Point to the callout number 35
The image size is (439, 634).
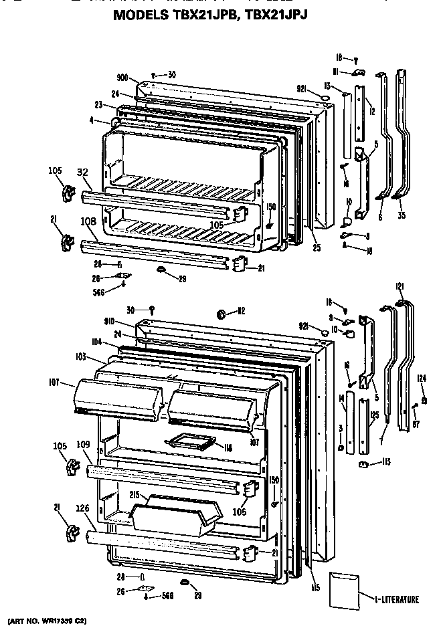[x=401, y=216]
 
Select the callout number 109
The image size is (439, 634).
[x=83, y=444]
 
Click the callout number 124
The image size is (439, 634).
[x=422, y=379]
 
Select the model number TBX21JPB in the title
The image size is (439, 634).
[x=201, y=13]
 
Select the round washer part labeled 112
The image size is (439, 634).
[x=222, y=313]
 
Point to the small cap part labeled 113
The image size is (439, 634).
[x=365, y=464]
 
